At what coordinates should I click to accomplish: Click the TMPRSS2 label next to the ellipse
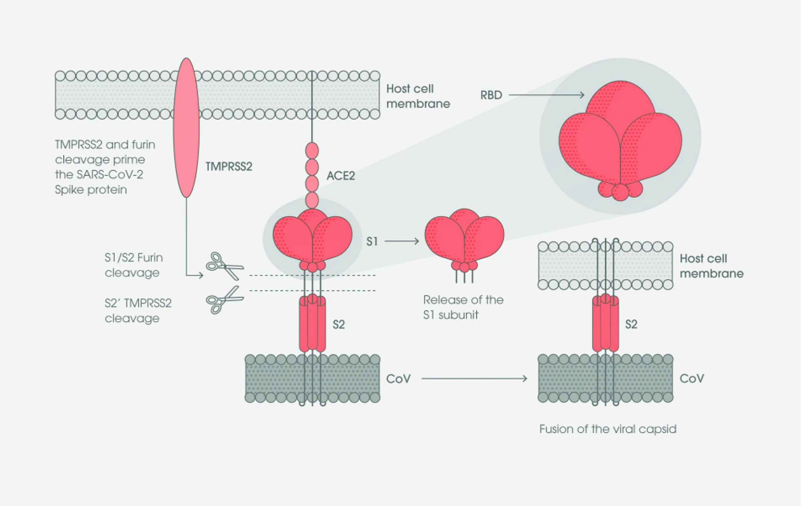pyautogui.click(x=229, y=166)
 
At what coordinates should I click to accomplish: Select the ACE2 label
pyautogui.click(x=341, y=175)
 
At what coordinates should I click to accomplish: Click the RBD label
pyautogui.click(x=491, y=95)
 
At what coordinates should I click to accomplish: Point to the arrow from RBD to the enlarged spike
pyautogui.click(x=546, y=95)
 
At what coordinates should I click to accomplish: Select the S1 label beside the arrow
pyautogui.click(x=372, y=241)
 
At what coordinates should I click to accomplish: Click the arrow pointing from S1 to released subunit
pyautogui.click(x=402, y=241)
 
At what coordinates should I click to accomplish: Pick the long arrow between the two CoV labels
pyautogui.click(x=474, y=379)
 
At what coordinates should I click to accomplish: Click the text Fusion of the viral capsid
pyautogui.click(x=607, y=429)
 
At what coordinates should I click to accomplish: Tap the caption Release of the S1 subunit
pyautogui.click(x=463, y=307)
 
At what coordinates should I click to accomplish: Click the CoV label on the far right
pyautogui.click(x=692, y=379)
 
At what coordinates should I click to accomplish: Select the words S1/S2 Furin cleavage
pyautogui.click(x=133, y=265)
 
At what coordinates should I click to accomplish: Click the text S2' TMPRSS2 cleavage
pyautogui.click(x=138, y=310)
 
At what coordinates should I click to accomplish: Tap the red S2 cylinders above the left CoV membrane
pyautogui.click(x=312, y=323)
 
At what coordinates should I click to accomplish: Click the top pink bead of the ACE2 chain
pyautogui.click(x=312, y=151)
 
